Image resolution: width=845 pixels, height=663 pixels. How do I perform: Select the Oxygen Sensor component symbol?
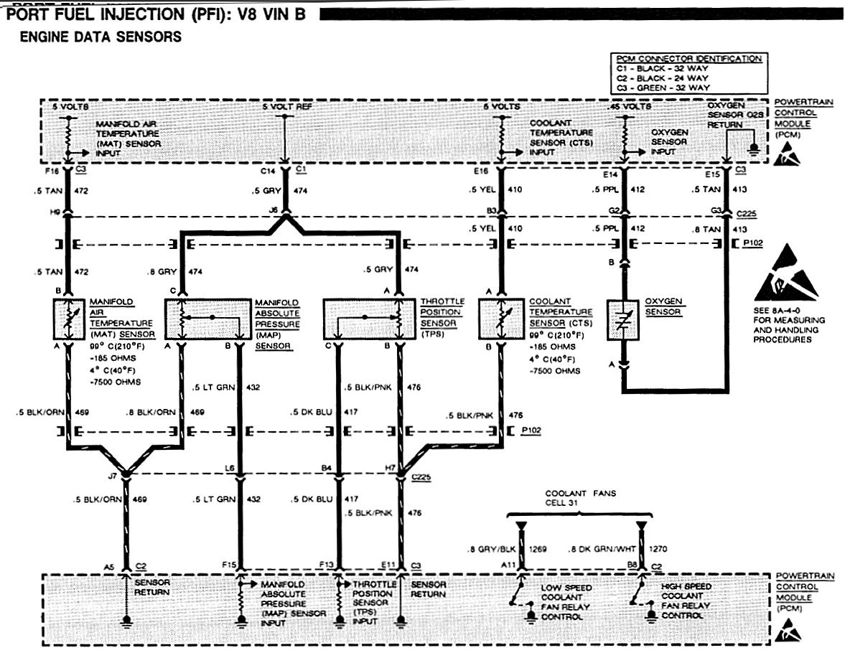(x=624, y=321)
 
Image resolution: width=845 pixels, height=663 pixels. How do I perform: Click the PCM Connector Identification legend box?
(x=687, y=72)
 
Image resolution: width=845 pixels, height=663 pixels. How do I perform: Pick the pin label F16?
(x=52, y=173)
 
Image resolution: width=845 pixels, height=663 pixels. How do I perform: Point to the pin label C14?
(x=270, y=173)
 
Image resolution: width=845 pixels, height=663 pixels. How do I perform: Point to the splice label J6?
(x=272, y=210)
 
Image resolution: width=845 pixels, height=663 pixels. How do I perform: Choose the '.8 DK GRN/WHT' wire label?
(x=604, y=550)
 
